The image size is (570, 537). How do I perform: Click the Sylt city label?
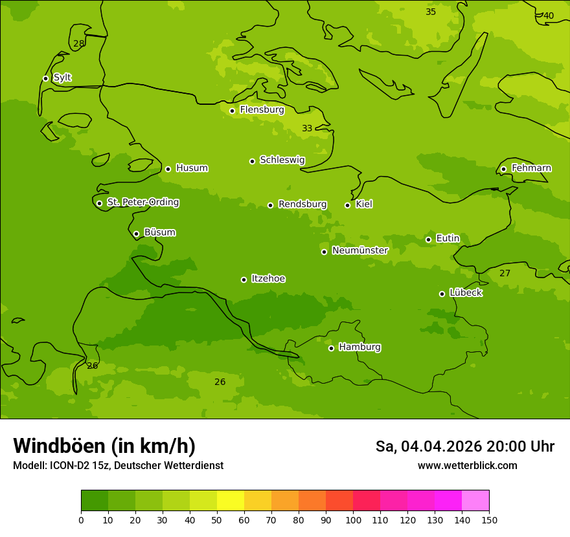pos(62,78)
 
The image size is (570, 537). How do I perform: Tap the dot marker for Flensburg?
pos(232,111)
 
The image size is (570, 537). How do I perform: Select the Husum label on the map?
pos(192,168)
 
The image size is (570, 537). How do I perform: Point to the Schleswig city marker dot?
pos(252,161)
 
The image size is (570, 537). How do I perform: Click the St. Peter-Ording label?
pos(142,203)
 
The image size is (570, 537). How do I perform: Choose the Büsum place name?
pos(159,232)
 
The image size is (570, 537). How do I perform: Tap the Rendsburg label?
pos(302,204)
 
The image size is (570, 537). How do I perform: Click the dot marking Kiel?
pos(347,205)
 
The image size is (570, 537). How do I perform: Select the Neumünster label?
pos(359,250)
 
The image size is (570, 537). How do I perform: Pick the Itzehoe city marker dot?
pos(244,279)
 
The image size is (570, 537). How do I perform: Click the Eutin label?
pos(448,239)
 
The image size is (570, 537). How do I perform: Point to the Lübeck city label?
pos(465,292)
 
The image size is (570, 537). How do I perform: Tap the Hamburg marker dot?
pos(331,348)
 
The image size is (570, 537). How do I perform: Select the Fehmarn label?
pos(531,168)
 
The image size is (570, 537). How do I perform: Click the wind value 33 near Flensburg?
pos(307,129)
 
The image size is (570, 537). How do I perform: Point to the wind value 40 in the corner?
pos(549,16)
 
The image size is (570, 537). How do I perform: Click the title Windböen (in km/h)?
pos(104,446)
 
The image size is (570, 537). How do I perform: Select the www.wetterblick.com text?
pos(467,465)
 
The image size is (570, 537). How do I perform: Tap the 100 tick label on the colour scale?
pos(353,520)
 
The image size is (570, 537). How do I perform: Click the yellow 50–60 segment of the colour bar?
pos(231,501)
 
